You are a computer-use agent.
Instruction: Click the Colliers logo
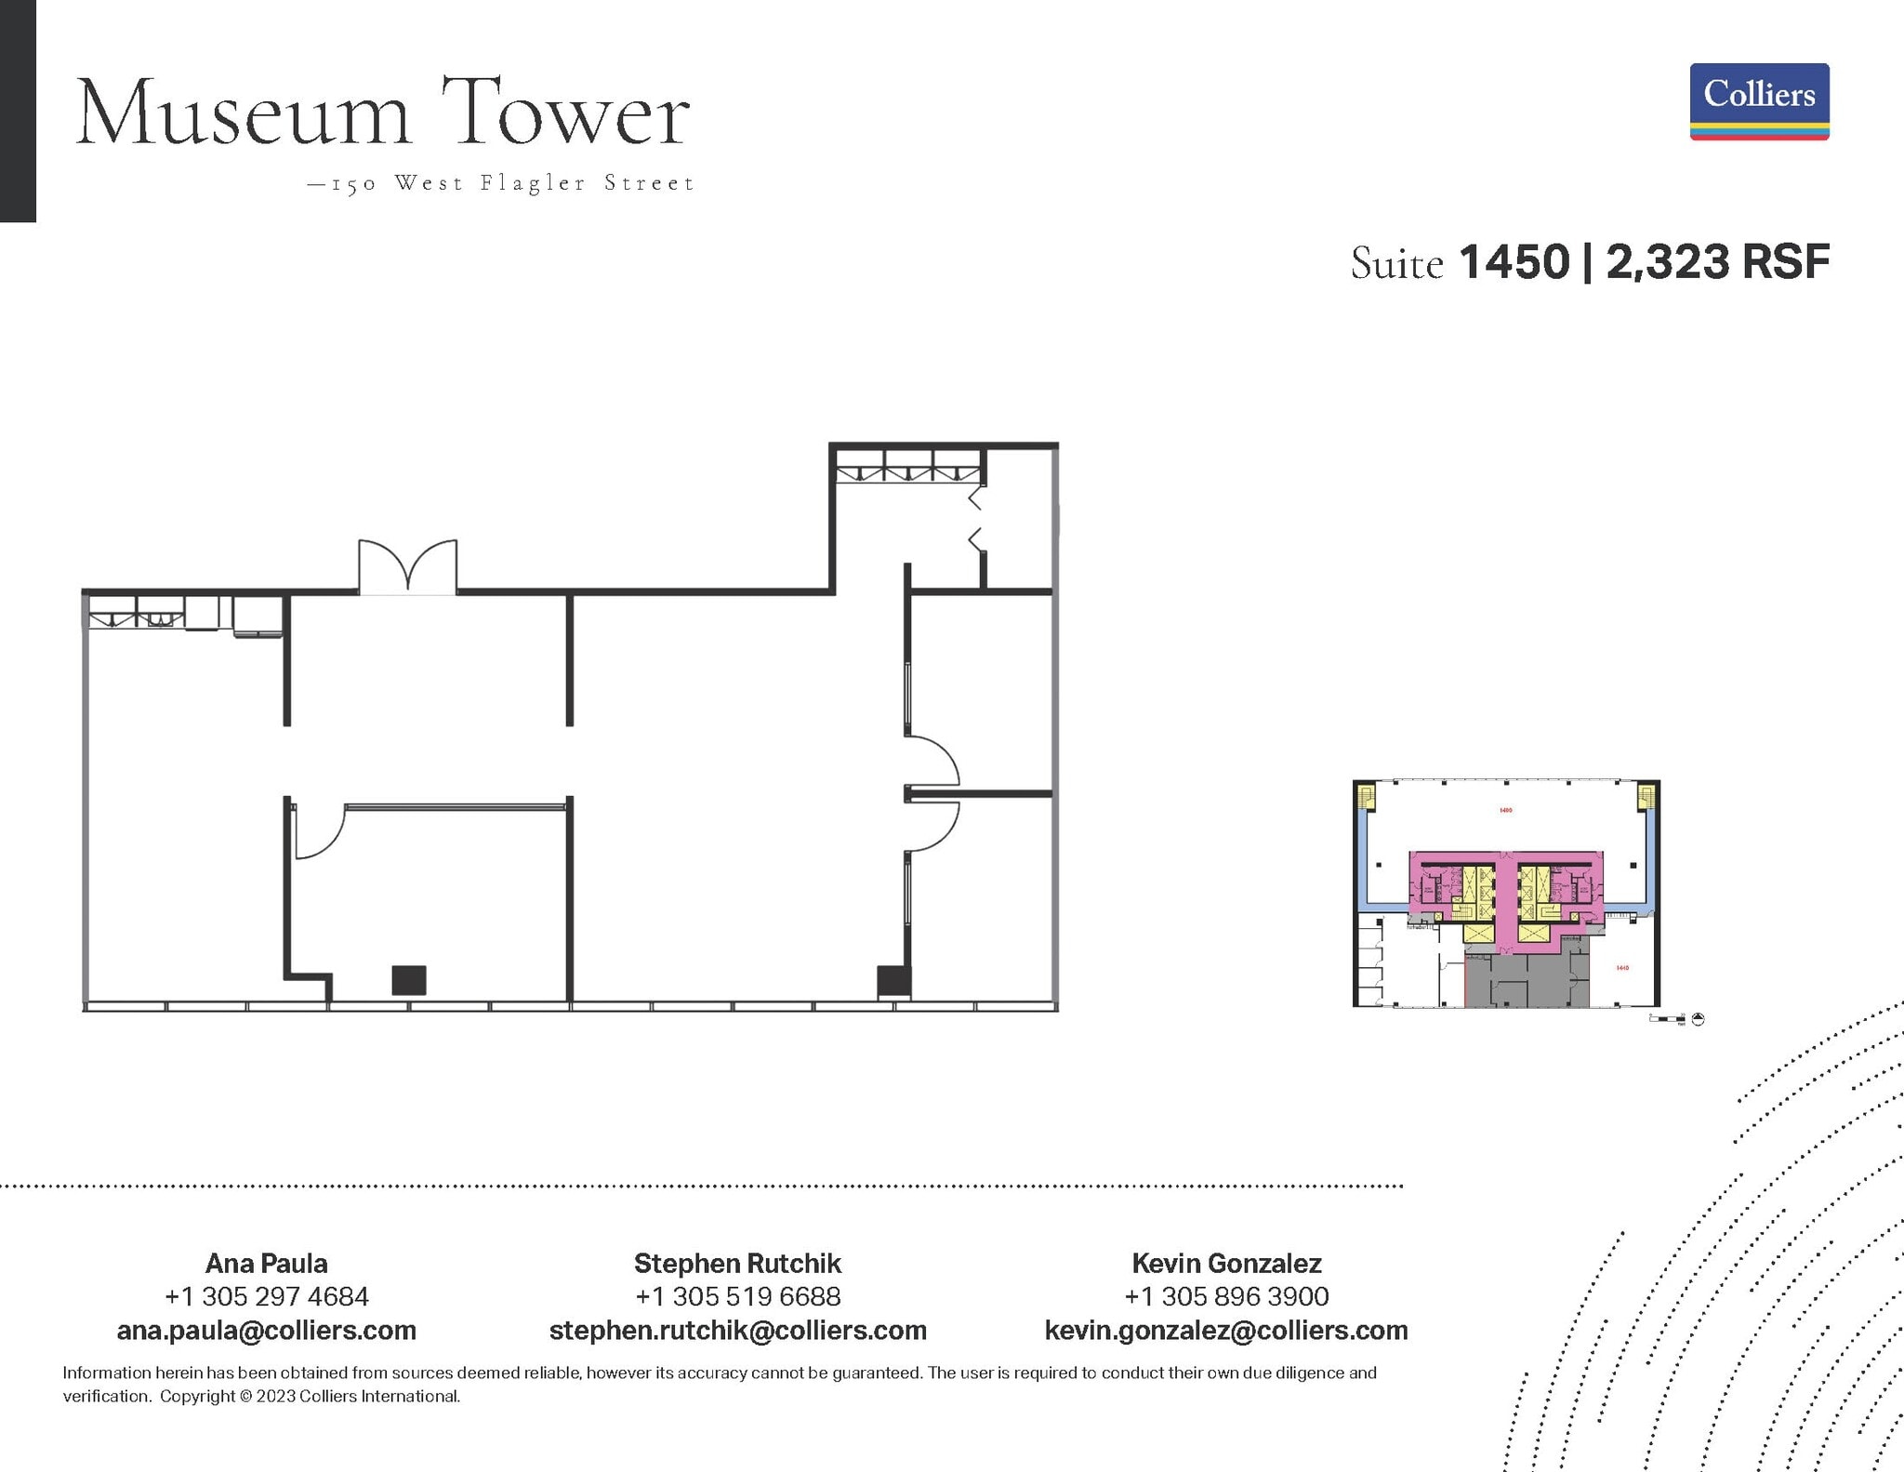coord(1759,101)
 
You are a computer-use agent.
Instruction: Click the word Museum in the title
coord(243,114)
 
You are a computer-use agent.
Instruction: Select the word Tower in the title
coord(564,114)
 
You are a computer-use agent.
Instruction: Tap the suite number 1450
coord(1514,262)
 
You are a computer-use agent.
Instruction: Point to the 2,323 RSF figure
coord(1717,262)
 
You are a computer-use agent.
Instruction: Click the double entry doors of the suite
coord(408,566)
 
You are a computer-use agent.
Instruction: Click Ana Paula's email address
coord(266,1330)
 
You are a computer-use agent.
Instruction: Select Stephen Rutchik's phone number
coord(737,1296)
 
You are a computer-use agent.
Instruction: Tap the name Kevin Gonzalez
coord(1226,1263)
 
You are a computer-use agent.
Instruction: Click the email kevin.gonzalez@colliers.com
coord(1226,1330)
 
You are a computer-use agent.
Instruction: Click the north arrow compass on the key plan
coord(1698,1019)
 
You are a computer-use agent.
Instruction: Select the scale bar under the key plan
coord(1667,1020)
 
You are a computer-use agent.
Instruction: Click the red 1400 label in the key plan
coord(1505,811)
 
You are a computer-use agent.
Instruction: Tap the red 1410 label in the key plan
coord(1622,968)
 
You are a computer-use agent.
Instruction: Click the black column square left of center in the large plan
coord(409,980)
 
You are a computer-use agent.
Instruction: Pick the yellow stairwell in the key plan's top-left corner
coord(1366,796)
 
